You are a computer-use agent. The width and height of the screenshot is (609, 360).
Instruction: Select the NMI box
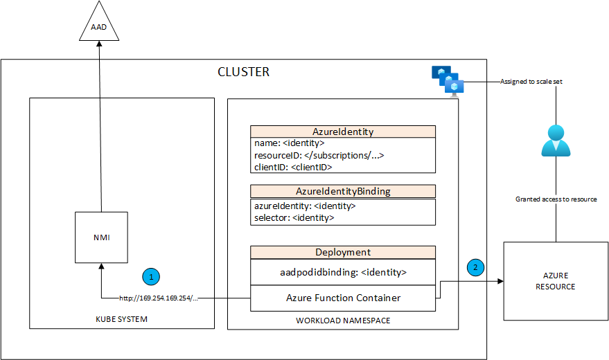[x=101, y=237]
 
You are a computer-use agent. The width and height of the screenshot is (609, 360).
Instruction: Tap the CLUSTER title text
[x=243, y=72]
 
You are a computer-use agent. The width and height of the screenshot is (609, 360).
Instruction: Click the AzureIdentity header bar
[x=343, y=132]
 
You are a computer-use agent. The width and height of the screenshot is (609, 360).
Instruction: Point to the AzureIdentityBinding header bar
[x=343, y=191]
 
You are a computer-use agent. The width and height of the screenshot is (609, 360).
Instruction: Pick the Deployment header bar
[x=343, y=253]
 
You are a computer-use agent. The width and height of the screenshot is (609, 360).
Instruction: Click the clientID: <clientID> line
[x=294, y=167]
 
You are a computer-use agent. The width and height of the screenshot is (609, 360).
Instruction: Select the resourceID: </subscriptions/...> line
[x=319, y=155]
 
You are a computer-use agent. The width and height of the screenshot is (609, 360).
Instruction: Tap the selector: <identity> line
[x=294, y=217]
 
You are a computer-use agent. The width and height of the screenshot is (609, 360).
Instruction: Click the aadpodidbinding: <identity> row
[x=343, y=272]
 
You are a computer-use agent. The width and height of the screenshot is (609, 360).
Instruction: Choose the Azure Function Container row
[x=343, y=298]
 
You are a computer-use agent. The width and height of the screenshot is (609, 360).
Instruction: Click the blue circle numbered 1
[x=152, y=276]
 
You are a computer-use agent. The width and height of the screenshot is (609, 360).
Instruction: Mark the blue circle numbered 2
[x=475, y=267]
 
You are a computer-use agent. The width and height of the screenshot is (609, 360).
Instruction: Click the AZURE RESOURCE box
[x=556, y=281]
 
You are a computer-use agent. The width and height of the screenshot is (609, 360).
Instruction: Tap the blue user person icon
[x=555, y=141]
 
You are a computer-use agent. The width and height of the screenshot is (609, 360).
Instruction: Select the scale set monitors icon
[x=448, y=81]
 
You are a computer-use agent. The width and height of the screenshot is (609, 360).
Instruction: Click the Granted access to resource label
[x=556, y=199]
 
